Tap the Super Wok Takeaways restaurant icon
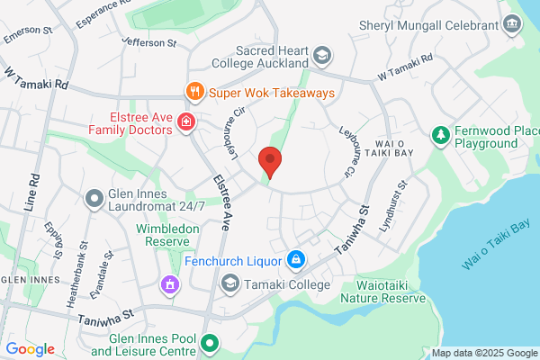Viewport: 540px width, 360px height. point(193,92)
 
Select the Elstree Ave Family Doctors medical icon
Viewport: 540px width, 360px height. point(186,121)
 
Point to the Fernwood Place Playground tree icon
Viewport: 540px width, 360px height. point(440,136)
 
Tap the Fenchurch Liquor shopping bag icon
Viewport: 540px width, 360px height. point(294,261)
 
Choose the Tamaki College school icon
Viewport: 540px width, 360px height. point(229,284)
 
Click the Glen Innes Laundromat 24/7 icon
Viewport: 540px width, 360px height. point(94,197)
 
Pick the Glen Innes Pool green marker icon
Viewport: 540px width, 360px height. point(211,343)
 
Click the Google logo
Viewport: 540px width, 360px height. point(30,348)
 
